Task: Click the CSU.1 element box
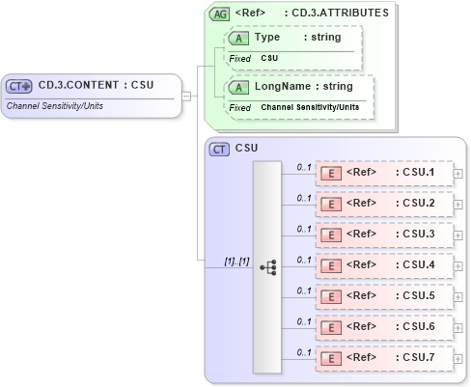[x=384, y=174]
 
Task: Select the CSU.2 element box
[x=384, y=205]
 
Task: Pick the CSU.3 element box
[x=384, y=235]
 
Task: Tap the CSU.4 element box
[x=384, y=265]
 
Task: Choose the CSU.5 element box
[x=384, y=296]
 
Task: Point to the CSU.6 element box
[x=384, y=327]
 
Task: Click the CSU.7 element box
[x=384, y=358]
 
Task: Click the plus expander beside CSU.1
[x=457, y=175]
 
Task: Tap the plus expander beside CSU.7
[x=457, y=359]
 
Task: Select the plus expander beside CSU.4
[x=457, y=266]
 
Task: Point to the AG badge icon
[x=219, y=14]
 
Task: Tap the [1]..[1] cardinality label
[x=236, y=261]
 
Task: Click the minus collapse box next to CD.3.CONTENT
[x=186, y=96]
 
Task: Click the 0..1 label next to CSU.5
[x=303, y=290]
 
